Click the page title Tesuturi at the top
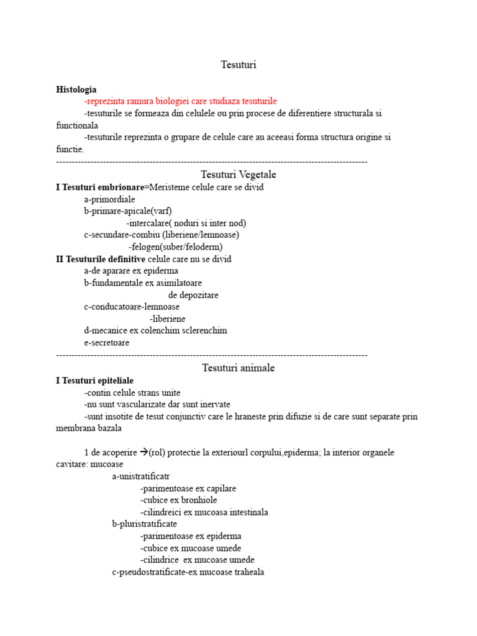coord(238,65)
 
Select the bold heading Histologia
coord(76,89)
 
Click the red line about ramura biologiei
coord(180,101)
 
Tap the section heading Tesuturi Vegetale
coord(238,175)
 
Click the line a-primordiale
coord(109,199)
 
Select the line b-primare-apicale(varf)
coord(128,211)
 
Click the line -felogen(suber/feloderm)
coord(175,247)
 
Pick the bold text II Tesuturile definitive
coord(101,259)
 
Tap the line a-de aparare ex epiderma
coord(131,271)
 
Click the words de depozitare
coord(193,295)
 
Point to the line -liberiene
coord(167,319)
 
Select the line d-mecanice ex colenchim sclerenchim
coord(155,330)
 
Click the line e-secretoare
coord(107,343)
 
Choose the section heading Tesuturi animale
coord(238,368)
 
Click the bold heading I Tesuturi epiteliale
coord(94,380)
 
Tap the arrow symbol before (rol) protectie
coord(143,452)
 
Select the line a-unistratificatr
coord(140,476)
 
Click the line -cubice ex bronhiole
coord(179,500)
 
